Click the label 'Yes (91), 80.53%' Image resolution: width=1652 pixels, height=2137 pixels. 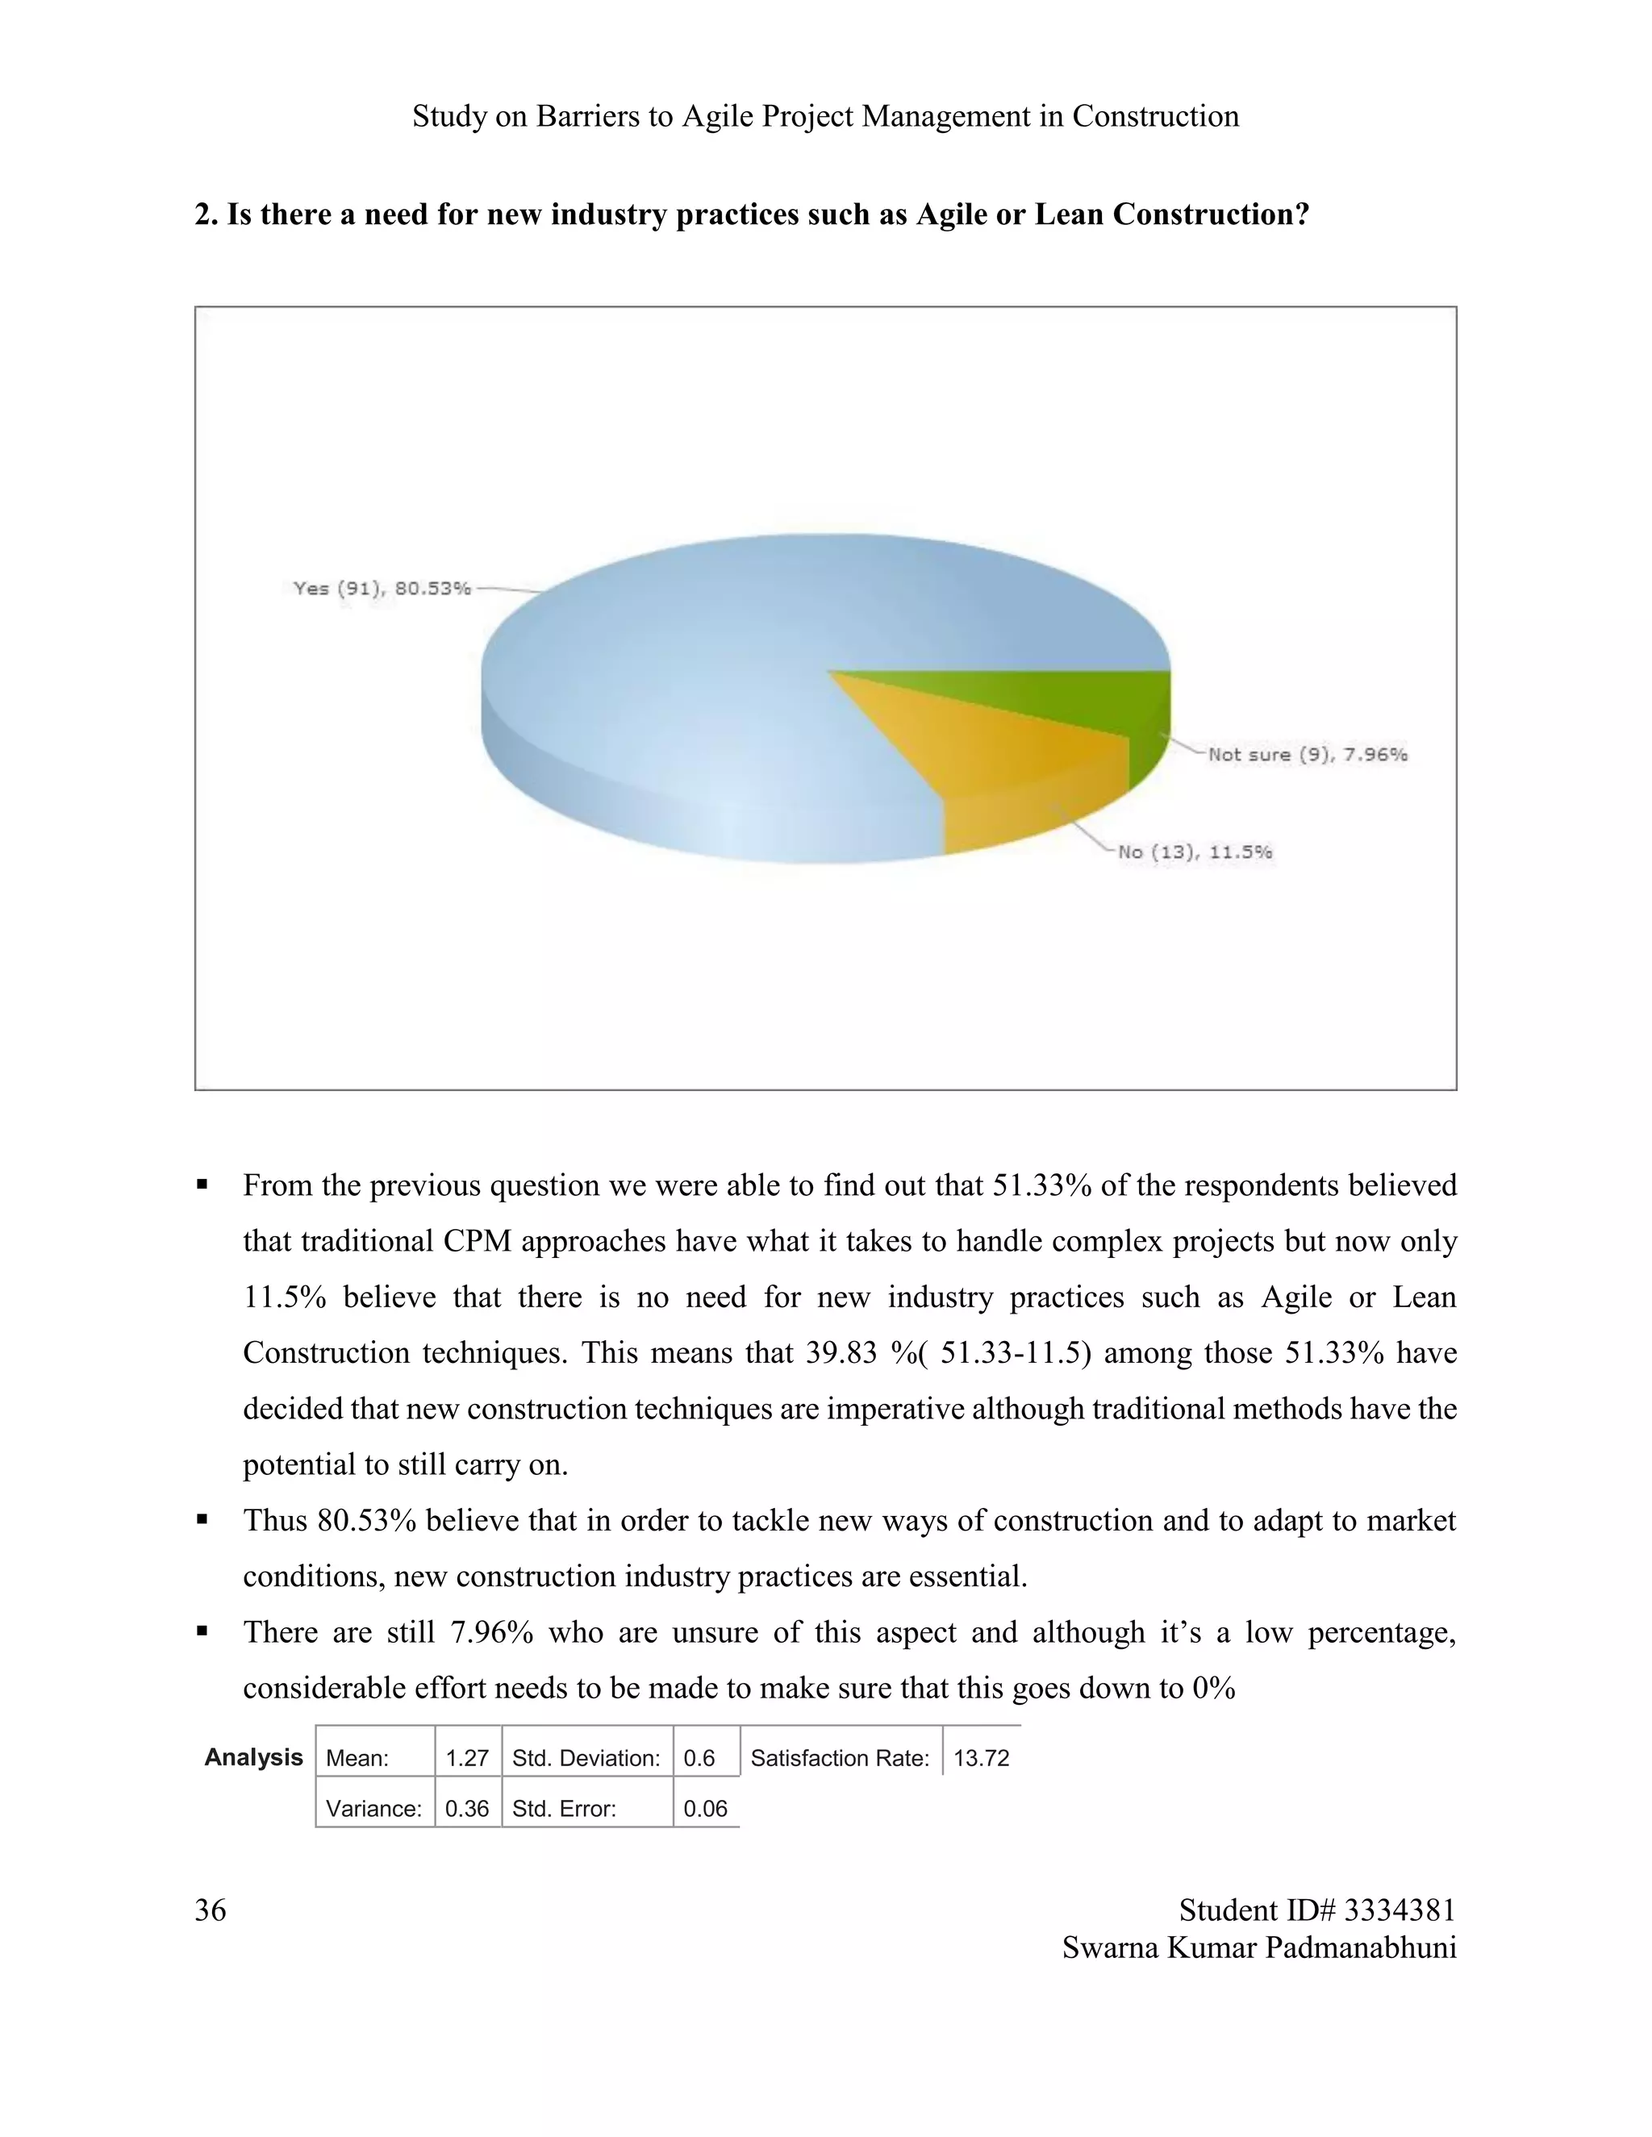click(x=382, y=588)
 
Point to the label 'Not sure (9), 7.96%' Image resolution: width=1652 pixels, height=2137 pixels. click(x=1308, y=755)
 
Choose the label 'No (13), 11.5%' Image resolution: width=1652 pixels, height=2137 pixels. click(x=1195, y=852)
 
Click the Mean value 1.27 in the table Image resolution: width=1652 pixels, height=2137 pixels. click(x=467, y=1758)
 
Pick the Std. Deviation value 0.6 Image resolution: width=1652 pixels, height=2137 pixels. click(x=699, y=1758)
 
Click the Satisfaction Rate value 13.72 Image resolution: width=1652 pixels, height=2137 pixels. click(x=981, y=1758)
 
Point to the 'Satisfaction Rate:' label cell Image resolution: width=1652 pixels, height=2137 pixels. click(x=840, y=1758)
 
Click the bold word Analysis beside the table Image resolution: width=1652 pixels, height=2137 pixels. click(x=253, y=1757)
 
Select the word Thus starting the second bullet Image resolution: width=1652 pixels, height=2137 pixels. click(x=276, y=1521)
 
